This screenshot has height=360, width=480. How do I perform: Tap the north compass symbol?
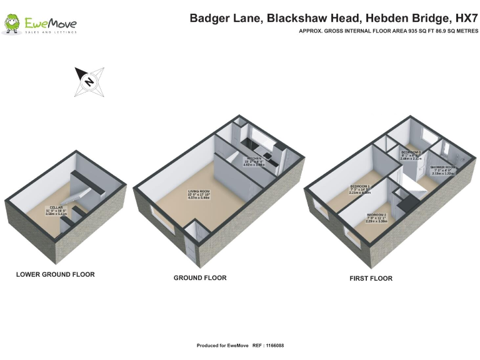89,81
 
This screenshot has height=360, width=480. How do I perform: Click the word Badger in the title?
209,18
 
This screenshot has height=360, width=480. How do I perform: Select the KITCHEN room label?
254,159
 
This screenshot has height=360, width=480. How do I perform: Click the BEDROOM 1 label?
360,186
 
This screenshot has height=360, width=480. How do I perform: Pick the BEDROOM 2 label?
376,215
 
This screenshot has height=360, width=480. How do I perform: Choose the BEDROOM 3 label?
411,152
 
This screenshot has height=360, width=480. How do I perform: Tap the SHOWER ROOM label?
442,167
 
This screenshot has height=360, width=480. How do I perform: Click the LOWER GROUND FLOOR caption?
56,274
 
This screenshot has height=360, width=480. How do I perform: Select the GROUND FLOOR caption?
200,277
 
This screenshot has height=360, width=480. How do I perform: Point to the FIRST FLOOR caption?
371,278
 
